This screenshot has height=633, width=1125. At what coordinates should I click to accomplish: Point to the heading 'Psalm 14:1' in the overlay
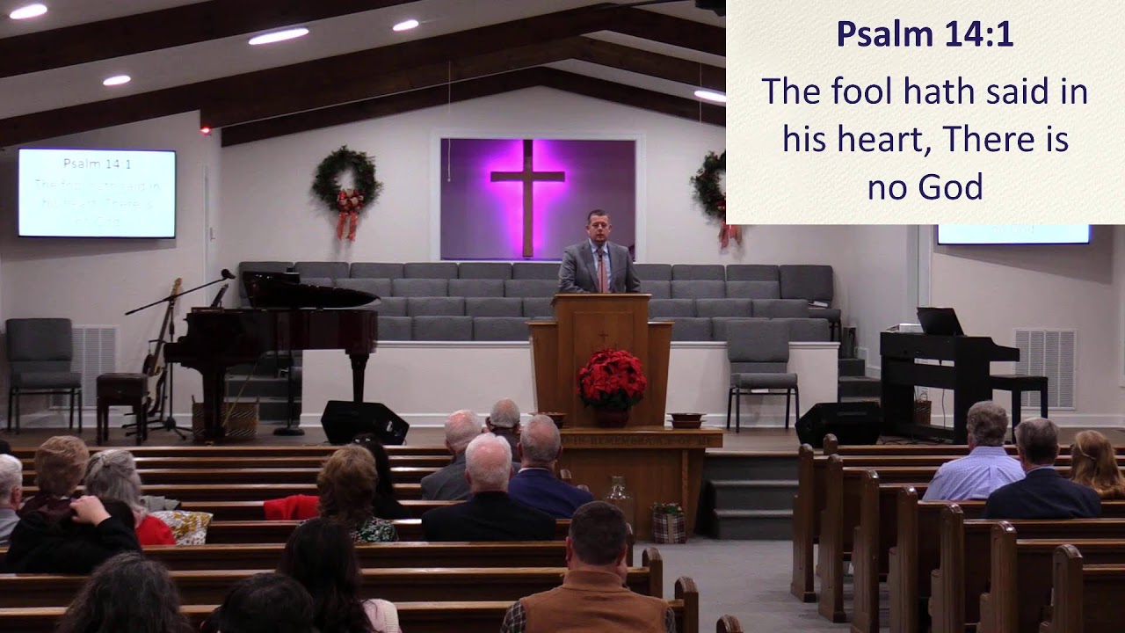pos(925,34)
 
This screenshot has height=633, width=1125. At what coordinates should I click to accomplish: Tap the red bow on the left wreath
pos(349,211)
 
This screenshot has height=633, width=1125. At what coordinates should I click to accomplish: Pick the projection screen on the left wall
pos(97,193)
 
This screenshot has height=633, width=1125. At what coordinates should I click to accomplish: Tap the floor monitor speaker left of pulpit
pos(364,422)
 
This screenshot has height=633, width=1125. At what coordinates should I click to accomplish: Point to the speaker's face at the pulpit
pos(599,226)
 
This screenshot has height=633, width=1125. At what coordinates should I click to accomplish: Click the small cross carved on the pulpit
pos(602,335)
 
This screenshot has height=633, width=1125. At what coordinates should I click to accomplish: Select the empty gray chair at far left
pos(41,360)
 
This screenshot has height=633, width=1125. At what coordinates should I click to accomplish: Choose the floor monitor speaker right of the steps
pos(838,424)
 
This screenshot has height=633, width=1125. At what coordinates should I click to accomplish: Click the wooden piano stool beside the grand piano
pos(121,396)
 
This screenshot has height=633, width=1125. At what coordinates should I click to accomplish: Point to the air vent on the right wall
pos(1045,367)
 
